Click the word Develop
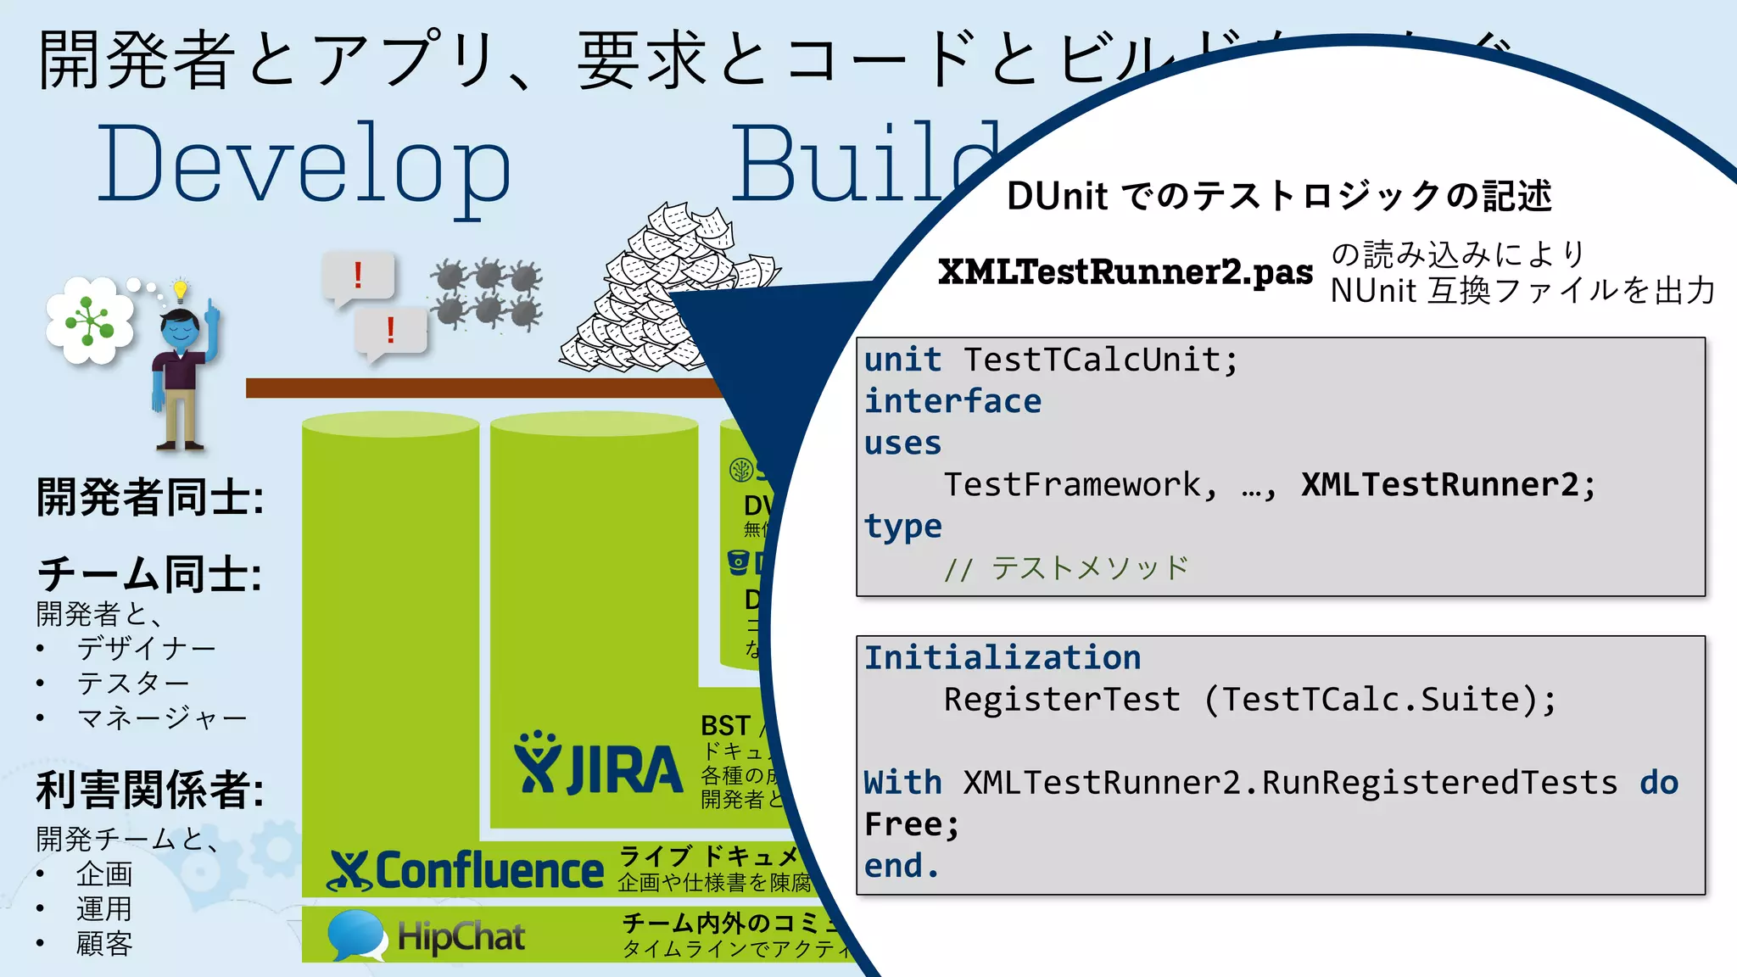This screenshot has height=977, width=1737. [x=304, y=165]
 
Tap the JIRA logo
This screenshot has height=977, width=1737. [x=598, y=765]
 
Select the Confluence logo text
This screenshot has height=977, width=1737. [x=489, y=871]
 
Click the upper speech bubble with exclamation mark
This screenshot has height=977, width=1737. [x=358, y=276]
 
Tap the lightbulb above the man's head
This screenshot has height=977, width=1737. [x=180, y=289]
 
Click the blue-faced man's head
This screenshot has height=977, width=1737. [x=181, y=331]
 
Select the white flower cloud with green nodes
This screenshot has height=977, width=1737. [x=90, y=321]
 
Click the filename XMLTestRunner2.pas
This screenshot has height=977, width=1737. [x=1125, y=272]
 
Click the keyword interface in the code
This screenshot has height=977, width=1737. [x=952, y=401]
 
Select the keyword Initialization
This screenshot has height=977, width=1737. [x=1003, y=658]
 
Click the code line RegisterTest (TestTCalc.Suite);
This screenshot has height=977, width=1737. [x=1249, y=700]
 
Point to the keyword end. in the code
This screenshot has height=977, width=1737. [x=902, y=866]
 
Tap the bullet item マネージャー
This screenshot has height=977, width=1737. [x=162, y=718]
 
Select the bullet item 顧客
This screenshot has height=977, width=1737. [x=104, y=944]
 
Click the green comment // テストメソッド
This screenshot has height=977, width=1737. [x=1066, y=568]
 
